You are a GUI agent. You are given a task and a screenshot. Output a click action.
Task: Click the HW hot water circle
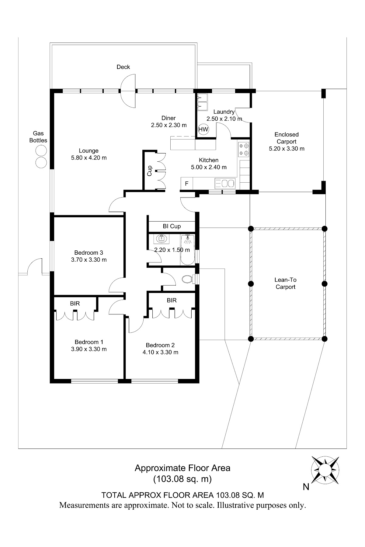click(x=203, y=129)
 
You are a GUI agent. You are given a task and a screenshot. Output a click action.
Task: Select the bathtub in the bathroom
click(x=187, y=250)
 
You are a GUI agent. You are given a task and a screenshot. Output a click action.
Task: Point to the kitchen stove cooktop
click(x=243, y=149)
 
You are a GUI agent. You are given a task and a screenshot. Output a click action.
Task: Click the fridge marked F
click(x=187, y=184)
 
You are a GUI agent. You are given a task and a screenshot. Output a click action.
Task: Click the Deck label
click(x=123, y=67)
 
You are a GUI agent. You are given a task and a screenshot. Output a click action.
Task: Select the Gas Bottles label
click(x=38, y=137)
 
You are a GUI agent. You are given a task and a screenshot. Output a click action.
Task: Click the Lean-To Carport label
click(x=285, y=283)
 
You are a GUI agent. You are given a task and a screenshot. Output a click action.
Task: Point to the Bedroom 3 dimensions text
click(x=89, y=260)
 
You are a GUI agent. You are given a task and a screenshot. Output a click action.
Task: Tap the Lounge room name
click(x=89, y=150)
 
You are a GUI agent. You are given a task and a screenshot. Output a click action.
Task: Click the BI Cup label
click(x=172, y=226)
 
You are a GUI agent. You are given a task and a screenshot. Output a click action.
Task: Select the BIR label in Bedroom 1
click(x=75, y=303)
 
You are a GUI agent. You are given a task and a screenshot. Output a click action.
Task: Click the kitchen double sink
click(x=225, y=183)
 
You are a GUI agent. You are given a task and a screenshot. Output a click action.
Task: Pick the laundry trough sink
click(x=202, y=102)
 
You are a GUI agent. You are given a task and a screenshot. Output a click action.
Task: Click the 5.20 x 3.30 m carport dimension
click(x=287, y=149)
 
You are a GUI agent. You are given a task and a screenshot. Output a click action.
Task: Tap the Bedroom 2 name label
click(x=160, y=345)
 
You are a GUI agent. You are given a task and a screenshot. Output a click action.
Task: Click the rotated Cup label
click(x=149, y=170)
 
